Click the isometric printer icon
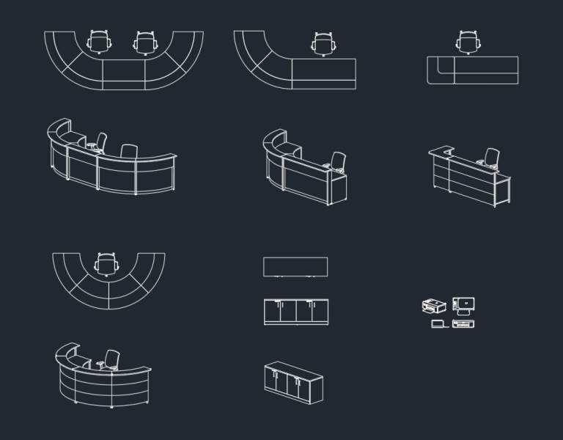pyautogui.click(x=434, y=305)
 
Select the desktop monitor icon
pyautogui.click(x=463, y=304)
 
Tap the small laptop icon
pyautogui.click(x=438, y=323)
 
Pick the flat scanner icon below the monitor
pyautogui.click(x=463, y=323)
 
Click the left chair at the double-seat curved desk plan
pyautogui.click(x=100, y=42)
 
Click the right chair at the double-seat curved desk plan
pyautogui.click(x=147, y=42)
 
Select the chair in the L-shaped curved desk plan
pyautogui.click(x=323, y=43)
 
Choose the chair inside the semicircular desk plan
pyautogui.click(x=108, y=263)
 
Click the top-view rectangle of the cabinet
pyautogui.click(x=295, y=267)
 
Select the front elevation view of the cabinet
pyautogui.click(x=296, y=312)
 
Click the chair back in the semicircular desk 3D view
pyautogui.click(x=112, y=359)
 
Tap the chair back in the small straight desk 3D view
pyautogui.click(x=493, y=156)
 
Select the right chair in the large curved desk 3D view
pyautogui.click(x=129, y=152)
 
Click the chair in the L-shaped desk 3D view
pyautogui.click(x=338, y=161)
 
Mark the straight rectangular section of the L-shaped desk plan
pyautogui.click(x=324, y=73)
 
